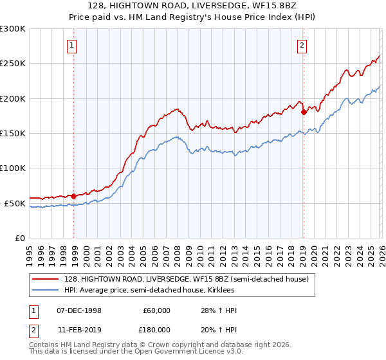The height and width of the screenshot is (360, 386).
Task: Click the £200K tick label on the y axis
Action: click(13, 98)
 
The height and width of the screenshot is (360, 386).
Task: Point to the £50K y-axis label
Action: click(15, 203)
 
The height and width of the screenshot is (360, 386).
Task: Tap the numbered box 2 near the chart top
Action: click(301, 45)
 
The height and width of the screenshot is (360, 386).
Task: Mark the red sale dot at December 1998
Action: click(74, 196)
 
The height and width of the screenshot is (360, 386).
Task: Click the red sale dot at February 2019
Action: click(304, 112)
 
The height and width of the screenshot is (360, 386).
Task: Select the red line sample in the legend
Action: click(46, 279)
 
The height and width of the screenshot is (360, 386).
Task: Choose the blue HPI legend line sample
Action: click(46, 290)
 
